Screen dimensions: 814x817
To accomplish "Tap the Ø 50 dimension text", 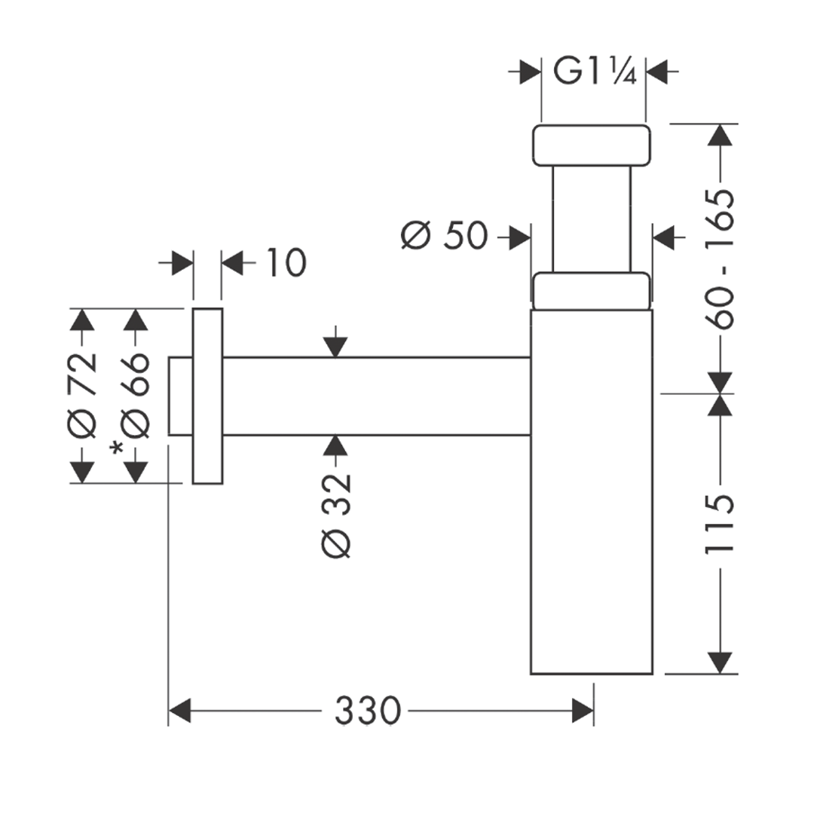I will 444,237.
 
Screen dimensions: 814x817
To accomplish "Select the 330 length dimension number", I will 367,710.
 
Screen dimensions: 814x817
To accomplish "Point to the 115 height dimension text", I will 720,525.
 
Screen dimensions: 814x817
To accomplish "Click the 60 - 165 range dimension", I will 720,259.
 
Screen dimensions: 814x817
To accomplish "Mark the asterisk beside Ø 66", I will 117,449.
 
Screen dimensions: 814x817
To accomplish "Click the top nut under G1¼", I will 591,145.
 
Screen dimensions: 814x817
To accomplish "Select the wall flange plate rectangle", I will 207,395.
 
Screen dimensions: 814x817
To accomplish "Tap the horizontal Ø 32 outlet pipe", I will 377,396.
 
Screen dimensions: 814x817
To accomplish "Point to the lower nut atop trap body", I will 591,291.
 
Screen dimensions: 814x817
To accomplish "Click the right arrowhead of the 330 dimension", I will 583,710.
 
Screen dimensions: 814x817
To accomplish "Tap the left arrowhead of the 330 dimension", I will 180,710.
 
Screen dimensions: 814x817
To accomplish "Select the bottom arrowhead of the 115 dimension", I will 721,662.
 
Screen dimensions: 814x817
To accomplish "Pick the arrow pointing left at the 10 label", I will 233,264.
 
